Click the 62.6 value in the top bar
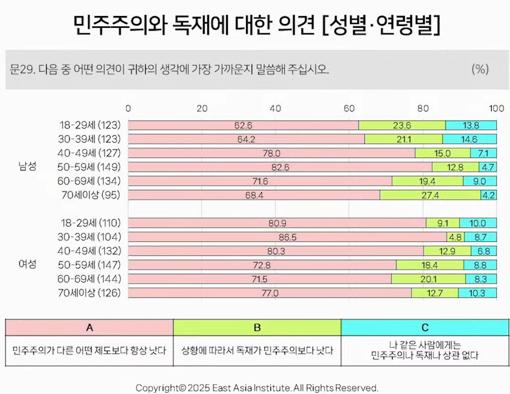coord(243,125)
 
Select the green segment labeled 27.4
coord(430,195)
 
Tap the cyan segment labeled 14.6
coord(469,139)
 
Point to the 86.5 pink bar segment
coord(287,237)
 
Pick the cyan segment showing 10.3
coord(477,293)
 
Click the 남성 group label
coord(27,167)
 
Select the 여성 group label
coord(27,264)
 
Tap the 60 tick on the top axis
coord(349,108)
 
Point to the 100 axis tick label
coord(496,108)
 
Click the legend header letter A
coord(89,328)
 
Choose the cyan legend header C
coord(425,328)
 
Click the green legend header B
coord(257,328)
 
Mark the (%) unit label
coord(480,69)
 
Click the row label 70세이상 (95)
coord(91,195)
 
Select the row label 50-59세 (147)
coord(90,265)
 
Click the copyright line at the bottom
coord(257,388)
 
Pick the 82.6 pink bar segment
coord(280,167)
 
